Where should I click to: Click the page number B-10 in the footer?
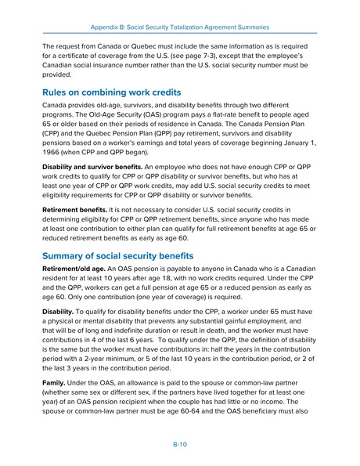[x=179, y=443]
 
